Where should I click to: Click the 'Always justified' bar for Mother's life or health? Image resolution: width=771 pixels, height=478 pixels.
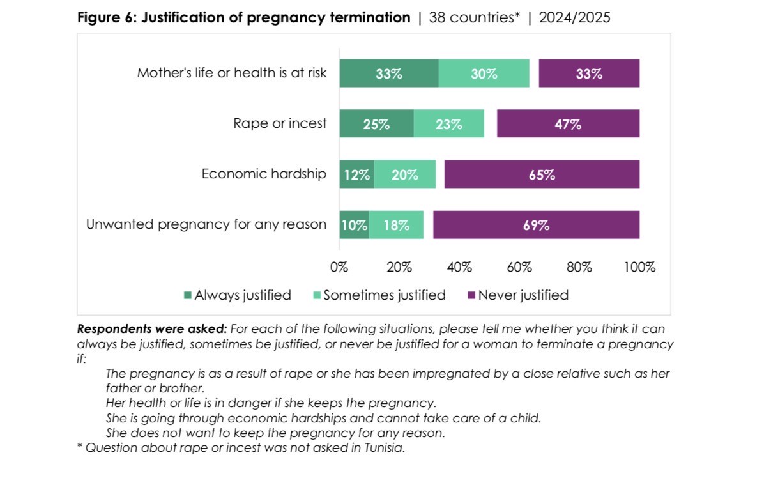tap(388, 73)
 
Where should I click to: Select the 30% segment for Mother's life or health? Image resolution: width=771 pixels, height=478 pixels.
tap(484, 73)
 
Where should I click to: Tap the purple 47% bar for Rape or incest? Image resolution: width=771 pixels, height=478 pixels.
tap(567, 124)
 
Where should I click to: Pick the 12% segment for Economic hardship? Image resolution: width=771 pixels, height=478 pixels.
tap(356, 174)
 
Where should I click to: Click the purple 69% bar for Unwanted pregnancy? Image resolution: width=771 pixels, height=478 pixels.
tap(536, 225)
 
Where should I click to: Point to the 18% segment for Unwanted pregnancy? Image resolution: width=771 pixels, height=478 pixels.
tap(396, 225)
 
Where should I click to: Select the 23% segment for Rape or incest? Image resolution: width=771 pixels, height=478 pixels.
tap(448, 124)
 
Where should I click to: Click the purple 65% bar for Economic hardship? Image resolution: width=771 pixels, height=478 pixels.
tap(542, 174)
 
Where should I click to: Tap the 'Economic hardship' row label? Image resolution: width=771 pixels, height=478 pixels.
tap(264, 174)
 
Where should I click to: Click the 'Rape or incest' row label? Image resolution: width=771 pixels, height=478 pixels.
tap(280, 123)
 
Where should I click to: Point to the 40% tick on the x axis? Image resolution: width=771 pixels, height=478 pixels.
tap(459, 267)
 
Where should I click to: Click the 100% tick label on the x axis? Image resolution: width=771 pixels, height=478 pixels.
tap(639, 267)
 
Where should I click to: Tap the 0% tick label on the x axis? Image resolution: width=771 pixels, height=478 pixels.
tap(339, 267)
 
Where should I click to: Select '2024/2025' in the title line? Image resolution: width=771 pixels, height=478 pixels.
tap(574, 18)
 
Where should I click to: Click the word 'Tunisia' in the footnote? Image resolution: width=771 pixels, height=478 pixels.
tap(383, 448)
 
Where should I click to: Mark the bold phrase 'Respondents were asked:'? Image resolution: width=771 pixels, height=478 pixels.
tap(151, 329)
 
